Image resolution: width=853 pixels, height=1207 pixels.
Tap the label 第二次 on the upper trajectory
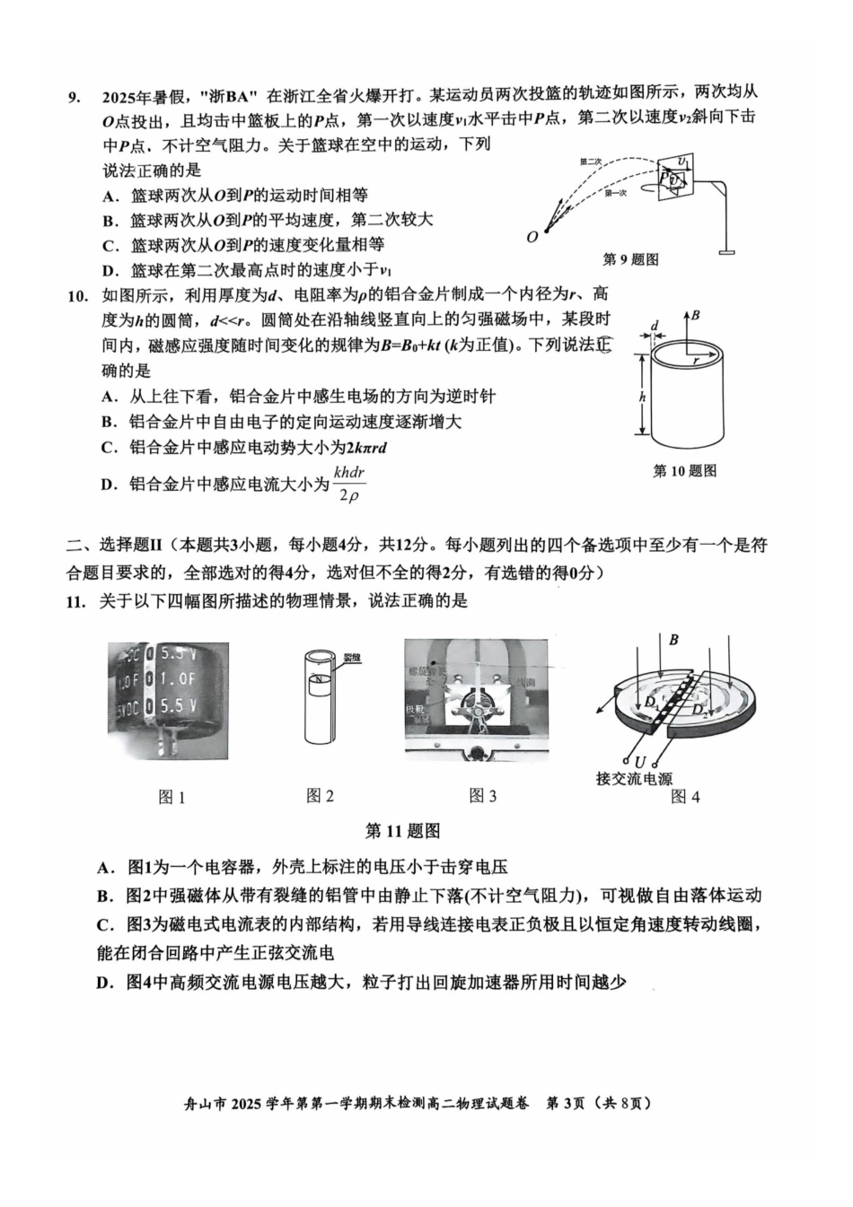coord(590,162)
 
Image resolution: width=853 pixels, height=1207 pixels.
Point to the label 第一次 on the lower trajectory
coord(616,193)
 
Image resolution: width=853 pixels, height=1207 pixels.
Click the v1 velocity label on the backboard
coord(684,162)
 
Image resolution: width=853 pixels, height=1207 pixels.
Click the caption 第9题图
coord(630,259)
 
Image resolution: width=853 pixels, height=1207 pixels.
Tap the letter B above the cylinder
coord(695,316)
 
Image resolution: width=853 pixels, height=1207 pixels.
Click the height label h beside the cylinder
coord(642,396)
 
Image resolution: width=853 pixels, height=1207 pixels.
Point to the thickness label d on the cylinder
coord(655,326)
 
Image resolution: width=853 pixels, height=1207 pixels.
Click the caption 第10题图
coord(684,470)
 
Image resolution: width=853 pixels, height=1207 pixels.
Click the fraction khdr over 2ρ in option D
coord(349,483)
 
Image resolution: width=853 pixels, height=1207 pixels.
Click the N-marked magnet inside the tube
coord(316,679)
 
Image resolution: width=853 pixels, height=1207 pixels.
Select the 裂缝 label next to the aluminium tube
coord(351,658)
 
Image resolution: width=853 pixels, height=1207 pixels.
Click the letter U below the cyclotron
coord(639,762)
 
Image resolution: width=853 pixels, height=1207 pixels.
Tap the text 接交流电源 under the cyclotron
coord(634,779)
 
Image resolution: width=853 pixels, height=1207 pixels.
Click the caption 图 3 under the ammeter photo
coord(482,796)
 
